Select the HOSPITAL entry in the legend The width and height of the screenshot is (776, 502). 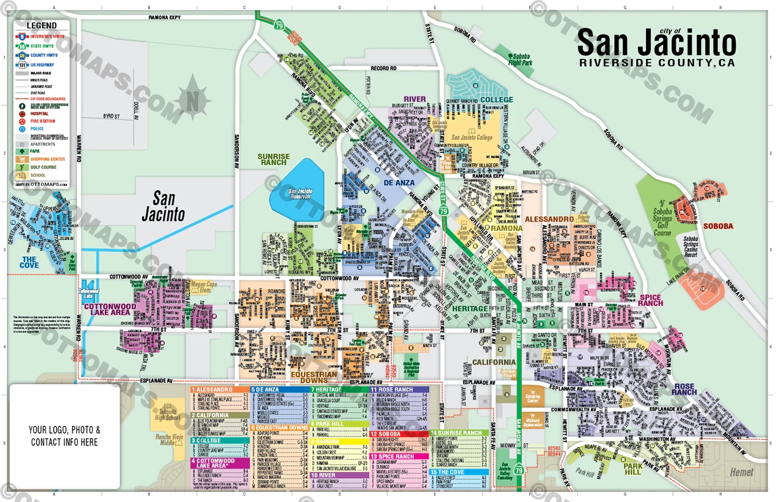pos(39,114)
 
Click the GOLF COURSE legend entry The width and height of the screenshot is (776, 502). pos(43,167)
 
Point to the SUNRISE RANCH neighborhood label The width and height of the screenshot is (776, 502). pos(273,160)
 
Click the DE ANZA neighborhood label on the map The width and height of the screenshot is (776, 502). pos(399,182)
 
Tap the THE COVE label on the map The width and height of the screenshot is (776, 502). pos(29,262)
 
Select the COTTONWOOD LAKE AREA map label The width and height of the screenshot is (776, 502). pos(110,310)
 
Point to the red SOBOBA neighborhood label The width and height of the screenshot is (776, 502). pos(718,226)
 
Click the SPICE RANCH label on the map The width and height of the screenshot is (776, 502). pos(650,300)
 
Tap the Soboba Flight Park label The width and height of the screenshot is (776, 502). pos(520,59)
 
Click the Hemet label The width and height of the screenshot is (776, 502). pos(741,473)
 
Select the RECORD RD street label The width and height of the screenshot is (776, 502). pos(384,68)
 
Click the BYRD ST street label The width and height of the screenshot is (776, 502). pos(111,116)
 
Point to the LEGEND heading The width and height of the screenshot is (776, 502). pos(42,26)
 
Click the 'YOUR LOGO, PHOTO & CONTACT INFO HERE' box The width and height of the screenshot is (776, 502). pos(64,436)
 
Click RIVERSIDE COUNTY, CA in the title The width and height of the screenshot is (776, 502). pos(657,63)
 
